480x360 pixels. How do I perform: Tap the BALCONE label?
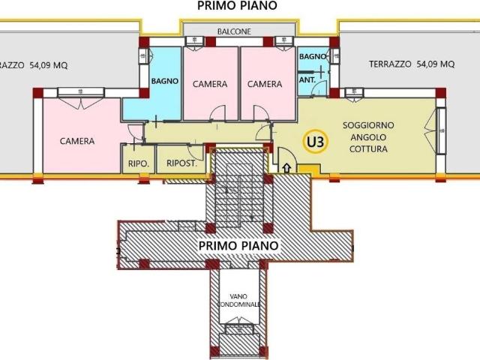pos(234,31)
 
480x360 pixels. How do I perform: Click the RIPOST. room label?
pos(181,162)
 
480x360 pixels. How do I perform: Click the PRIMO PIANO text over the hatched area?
pos(238,245)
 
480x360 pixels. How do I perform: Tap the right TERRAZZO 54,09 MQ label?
pos(411,65)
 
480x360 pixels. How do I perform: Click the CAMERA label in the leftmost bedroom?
pos(77,141)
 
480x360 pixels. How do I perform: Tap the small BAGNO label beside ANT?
pos(312,57)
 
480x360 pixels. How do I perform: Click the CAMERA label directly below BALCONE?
pos(210,84)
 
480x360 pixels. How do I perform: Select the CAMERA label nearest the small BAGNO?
pos(265,84)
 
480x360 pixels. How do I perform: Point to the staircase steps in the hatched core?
pos(238,195)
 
